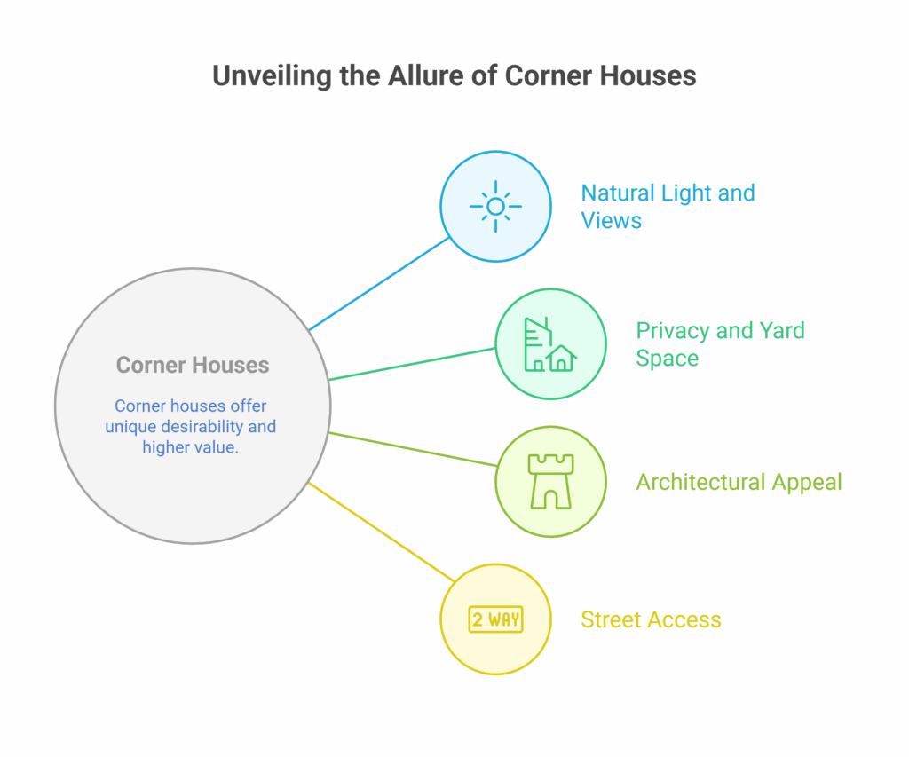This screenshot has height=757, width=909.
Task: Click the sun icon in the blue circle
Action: coord(495,207)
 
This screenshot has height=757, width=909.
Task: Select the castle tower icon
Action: coord(550,482)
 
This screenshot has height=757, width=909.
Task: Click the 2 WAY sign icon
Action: coord(495,619)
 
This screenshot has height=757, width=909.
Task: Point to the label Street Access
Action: coord(651,619)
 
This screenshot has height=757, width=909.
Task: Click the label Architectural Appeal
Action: coord(739,482)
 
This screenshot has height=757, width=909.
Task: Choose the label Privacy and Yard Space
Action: coord(720,344)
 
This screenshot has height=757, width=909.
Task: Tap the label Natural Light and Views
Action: coord(668,207)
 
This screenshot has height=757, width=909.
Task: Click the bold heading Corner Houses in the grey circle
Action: coord(193,365)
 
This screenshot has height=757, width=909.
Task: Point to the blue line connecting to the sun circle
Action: coord(379,284)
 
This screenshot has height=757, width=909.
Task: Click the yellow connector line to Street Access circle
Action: coord(382,532)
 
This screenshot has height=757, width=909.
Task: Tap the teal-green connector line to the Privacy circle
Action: coord(412,364)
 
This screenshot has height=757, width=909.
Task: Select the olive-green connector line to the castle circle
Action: coord(413,449)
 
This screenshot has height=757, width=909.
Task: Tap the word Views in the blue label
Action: coord(611,221)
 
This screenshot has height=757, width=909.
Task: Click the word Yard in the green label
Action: coord(782,331)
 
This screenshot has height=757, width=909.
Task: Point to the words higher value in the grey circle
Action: coord(190,447)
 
